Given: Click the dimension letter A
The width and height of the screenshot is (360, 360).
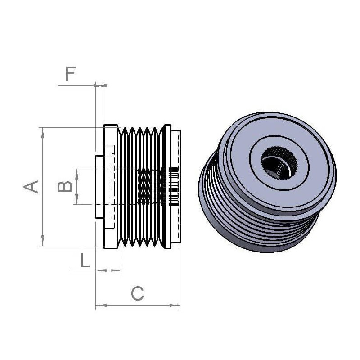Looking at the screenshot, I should click(x=31, y=186).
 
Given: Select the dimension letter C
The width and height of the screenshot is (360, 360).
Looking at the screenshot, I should click(x=138, y=294).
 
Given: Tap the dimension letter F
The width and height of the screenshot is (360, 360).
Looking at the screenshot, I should click(x=70, y=74).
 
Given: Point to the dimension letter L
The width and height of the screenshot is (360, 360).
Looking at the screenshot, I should click(x=85, y=261).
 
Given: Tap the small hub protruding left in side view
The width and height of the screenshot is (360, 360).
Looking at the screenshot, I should click(x=99, y=187).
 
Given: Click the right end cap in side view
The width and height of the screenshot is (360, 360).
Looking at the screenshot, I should click(x=176, y=187).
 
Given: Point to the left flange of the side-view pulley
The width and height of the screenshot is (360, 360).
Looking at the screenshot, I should click(x=110, y=187).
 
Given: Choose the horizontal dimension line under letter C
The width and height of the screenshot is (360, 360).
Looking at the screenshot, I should click(x=138, y=306).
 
